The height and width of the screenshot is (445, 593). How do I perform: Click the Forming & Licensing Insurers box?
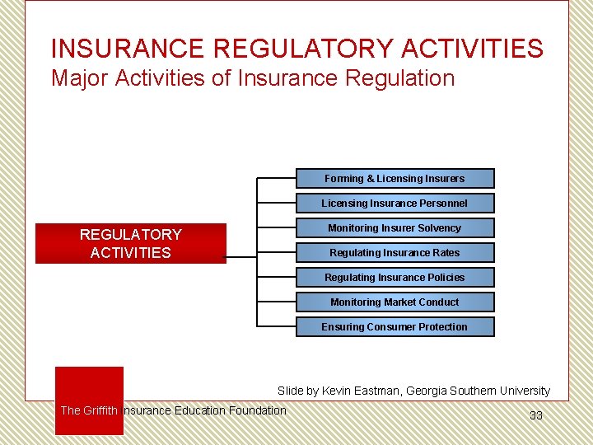(395, 179)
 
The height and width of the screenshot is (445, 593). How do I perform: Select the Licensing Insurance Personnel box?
(395, 204)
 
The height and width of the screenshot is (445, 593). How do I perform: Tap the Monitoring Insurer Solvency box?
(395, 228)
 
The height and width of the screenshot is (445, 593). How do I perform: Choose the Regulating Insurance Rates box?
(395, 253)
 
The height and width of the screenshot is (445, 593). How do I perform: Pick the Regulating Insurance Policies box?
(395, 278)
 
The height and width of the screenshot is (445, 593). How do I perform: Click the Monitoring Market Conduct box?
(395, 302)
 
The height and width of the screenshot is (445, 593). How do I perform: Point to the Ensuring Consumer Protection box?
(395, 327)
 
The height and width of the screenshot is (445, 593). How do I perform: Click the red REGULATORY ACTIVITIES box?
(130, 244)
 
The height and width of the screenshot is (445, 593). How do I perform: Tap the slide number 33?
(535, 415)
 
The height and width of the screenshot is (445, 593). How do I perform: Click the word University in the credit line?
(523, 391)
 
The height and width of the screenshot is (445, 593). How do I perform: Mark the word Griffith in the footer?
(100, 410)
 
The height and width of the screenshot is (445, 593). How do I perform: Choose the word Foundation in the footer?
(258, 410)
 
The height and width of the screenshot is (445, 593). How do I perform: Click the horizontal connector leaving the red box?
(240, 256)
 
